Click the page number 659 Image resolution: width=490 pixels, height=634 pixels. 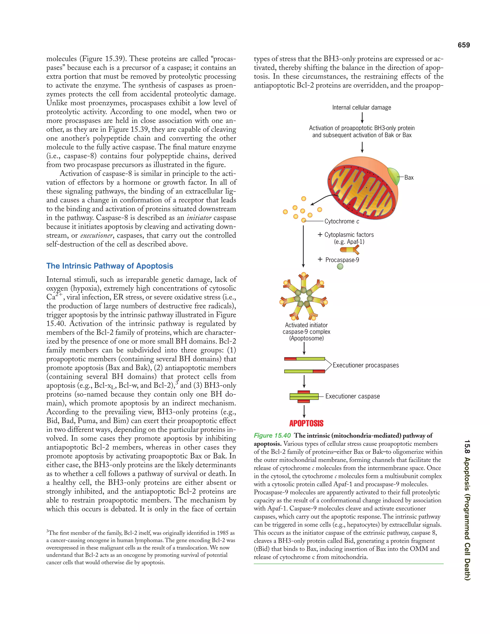tap(464, 45)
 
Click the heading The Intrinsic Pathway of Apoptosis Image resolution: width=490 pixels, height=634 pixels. tap(110, 266)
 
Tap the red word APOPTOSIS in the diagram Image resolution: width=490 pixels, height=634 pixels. tap(306, 423)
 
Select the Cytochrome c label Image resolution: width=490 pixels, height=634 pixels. tap(342, 221)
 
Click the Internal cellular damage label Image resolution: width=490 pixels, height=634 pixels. tap(362, 107)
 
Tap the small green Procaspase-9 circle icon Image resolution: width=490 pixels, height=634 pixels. tap(340, 267)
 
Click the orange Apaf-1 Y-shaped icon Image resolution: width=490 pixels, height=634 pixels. tap(350, 249)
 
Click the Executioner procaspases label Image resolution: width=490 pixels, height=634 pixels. tap(366, 365)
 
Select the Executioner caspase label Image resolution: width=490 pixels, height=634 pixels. tap(352, 396)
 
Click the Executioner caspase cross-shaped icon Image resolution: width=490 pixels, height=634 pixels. tap(304, 396)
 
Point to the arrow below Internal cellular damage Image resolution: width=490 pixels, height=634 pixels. tap(362, 117)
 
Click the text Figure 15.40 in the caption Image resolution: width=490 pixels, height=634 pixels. tap(272, 435)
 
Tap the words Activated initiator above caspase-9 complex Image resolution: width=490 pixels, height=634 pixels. tap(306, 325)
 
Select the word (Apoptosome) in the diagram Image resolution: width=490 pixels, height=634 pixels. tap(306, 338)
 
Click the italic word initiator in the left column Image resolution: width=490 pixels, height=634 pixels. tap(199, 218)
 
